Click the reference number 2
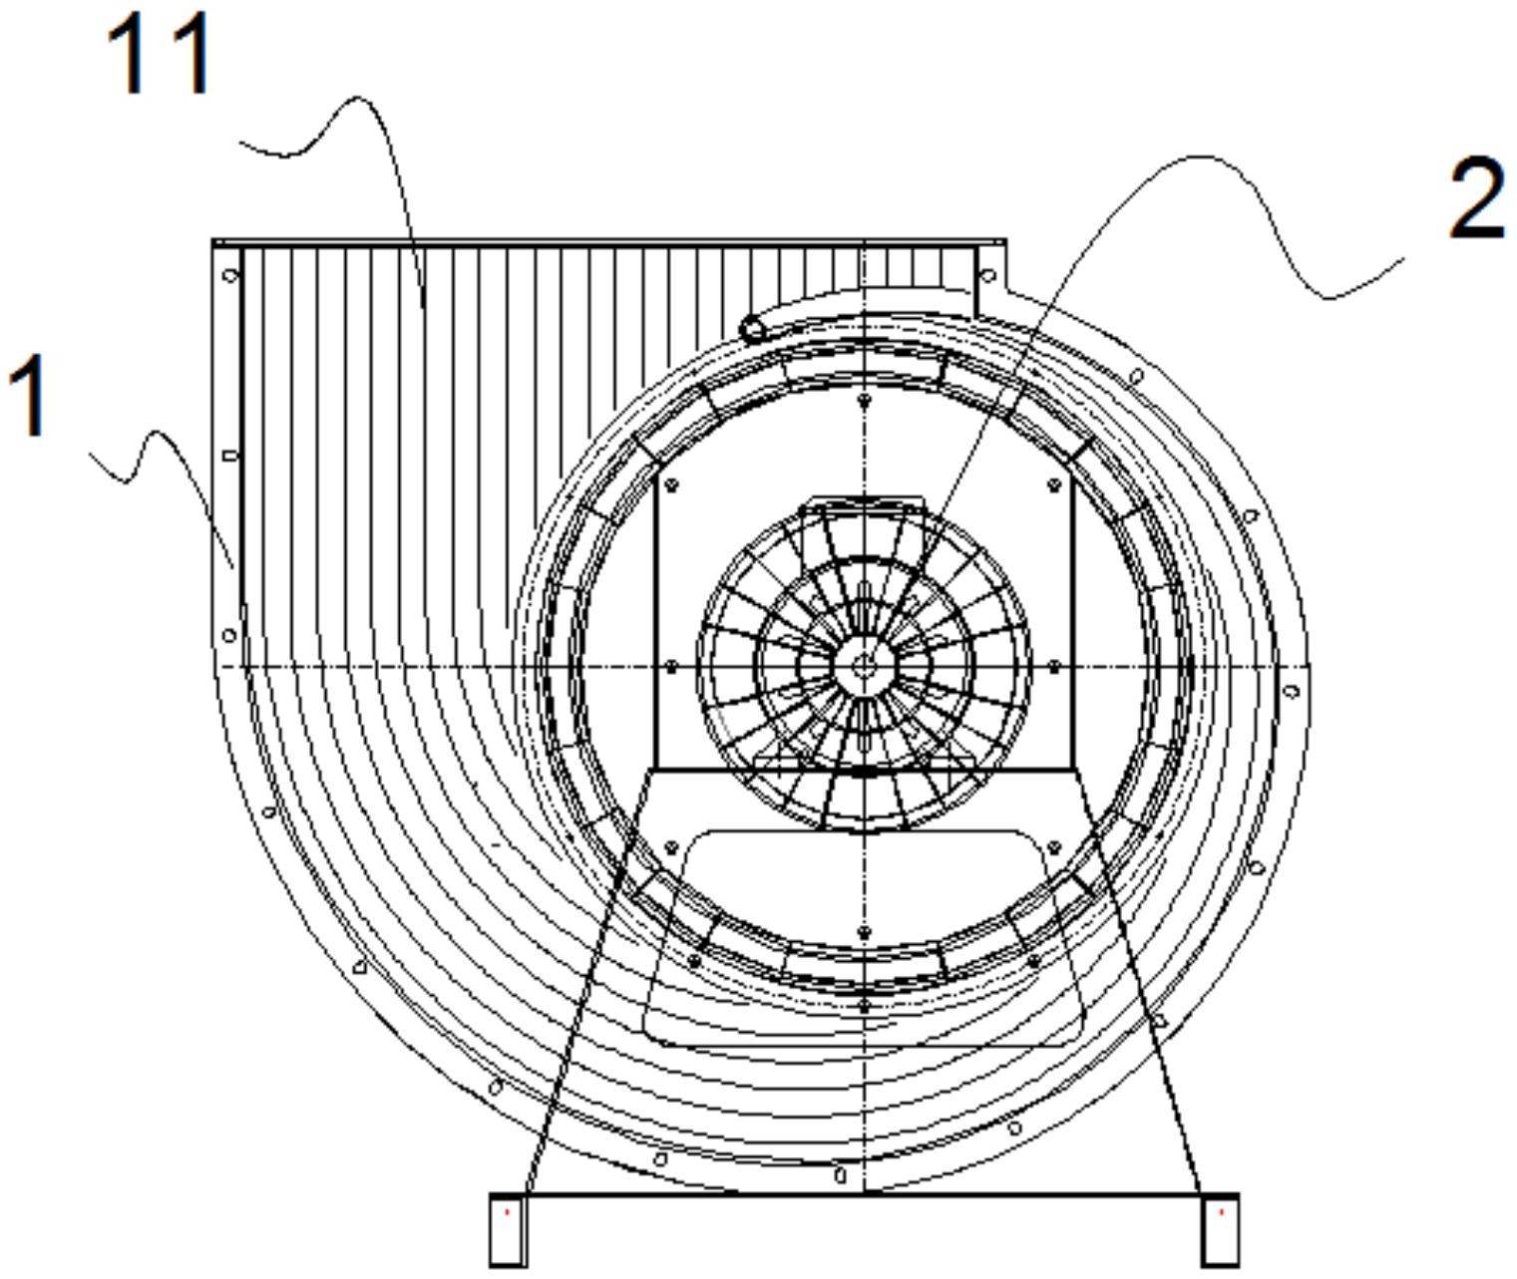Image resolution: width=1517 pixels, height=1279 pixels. click(x=1476, y=200)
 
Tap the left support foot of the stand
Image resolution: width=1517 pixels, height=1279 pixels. click(x=508, y=1230)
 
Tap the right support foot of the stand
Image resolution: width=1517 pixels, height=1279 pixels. click(x=1221, y=1230)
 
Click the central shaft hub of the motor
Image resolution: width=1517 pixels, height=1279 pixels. click(x=864, y=666)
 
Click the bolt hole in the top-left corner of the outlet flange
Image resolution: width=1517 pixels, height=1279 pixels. click(x=230, y=275)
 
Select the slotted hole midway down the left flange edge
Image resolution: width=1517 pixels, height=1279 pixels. click(x=230, y=456)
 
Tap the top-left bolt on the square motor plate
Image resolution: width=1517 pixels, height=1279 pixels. click(x=671, y=485)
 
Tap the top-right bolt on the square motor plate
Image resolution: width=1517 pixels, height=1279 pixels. click(x=1054, y=485)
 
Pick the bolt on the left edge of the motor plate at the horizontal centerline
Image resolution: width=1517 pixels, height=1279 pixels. click(x=671, y=666)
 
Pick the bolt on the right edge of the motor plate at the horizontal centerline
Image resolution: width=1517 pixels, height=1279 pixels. click(x=1054, y=666)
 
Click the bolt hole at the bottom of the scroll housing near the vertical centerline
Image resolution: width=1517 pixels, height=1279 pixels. click(x=840, y=1175)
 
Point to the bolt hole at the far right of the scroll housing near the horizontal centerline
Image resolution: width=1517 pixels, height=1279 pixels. click(x=1292, y=691)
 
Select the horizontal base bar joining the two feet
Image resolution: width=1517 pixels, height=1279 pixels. click(x=864, y=1194)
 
